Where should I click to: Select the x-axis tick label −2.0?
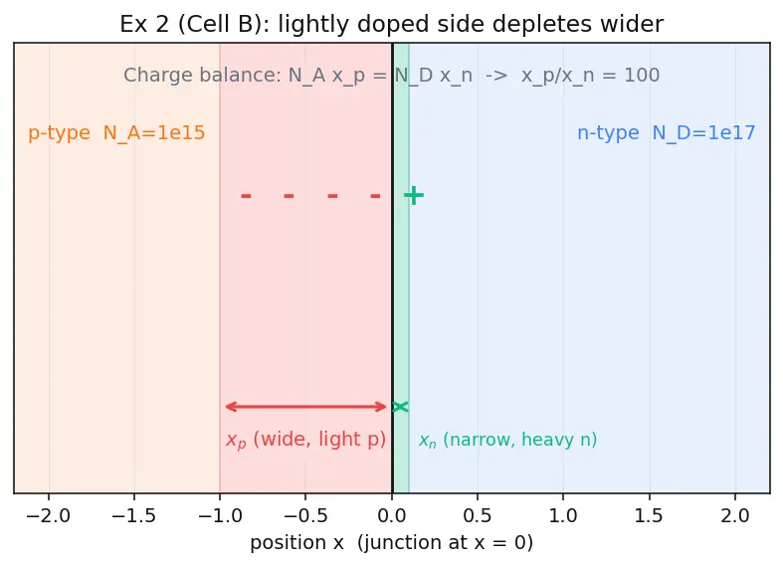pos(49,515)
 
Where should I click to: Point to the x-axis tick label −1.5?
pos(134,515)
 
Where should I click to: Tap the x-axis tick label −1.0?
pos(220,515)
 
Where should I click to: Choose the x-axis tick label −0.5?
pos(305,515)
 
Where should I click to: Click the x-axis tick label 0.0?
pos(392,515)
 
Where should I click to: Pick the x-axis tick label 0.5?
pos(478,515)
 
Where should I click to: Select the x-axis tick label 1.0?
pos(563,515)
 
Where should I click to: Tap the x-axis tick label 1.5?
pos(649,515)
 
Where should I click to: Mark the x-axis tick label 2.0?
pos(735,515)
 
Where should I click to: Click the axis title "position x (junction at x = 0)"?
pos(392,542)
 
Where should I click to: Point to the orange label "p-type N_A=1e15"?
pos(116,133)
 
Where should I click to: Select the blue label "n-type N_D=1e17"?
pos(667,133)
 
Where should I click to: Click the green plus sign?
pos(414,196)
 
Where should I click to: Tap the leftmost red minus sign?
pos(246,196)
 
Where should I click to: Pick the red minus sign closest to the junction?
pos(375,196)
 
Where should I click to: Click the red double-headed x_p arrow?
pos(305,407)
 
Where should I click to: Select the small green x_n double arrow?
pos(400,407)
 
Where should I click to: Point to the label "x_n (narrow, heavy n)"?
pos(507,440)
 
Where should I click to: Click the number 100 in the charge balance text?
pos(642,76)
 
